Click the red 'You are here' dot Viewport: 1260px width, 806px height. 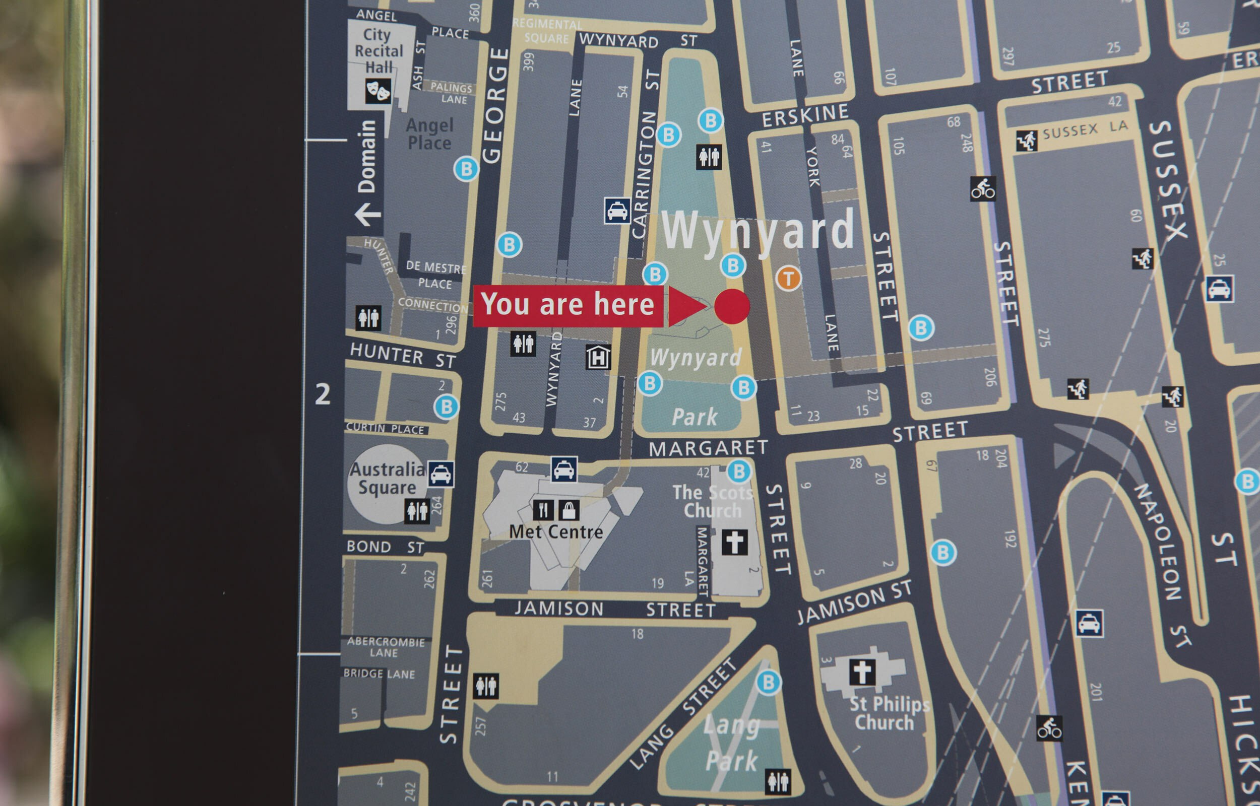732,306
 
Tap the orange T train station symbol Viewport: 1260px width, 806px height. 788,278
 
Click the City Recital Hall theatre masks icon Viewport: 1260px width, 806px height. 378,91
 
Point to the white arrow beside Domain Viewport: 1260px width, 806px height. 367,214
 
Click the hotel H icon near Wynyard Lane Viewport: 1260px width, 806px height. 598,358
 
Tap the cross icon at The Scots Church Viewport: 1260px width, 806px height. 734,542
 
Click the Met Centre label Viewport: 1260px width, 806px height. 556,532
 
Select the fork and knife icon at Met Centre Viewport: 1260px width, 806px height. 543,510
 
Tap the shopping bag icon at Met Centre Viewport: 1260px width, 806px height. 569,510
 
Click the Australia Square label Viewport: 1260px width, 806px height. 387,479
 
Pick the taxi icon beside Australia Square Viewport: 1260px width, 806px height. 441,474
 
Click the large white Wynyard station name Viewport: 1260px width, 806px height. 758,230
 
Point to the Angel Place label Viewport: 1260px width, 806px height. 429,134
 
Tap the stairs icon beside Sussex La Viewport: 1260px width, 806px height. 1027,141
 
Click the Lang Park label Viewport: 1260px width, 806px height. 732,743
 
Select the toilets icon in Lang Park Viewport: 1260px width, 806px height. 778,782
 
